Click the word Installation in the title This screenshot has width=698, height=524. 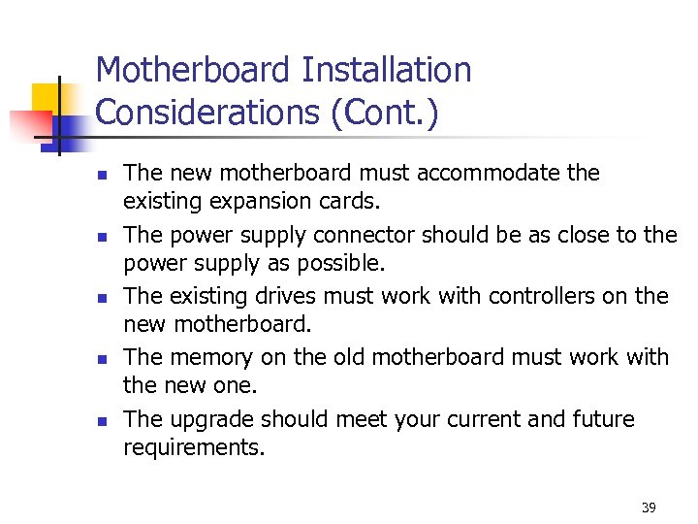pyautogui.click(x=387, y=70)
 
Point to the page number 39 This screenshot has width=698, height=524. pyautogui.click(x=649, y=508)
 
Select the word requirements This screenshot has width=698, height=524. pyautogui.click(x=194, y=448)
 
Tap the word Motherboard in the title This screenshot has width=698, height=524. pyautogui.click(x=194, y=70)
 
